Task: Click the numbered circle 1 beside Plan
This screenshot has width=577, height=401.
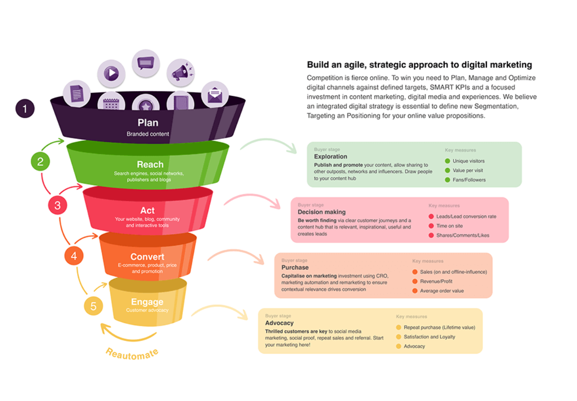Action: (25, 109)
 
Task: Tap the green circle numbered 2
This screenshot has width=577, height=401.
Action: (40, 161)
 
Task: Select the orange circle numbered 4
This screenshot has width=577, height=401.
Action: (74, 256)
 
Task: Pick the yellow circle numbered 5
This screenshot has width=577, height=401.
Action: (93, 306)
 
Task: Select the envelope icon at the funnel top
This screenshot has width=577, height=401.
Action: (214, 95)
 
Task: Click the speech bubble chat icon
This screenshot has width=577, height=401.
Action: (146, 63)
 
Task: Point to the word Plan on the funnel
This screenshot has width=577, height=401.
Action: (148, 123)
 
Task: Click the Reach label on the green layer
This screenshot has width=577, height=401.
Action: (150, 165)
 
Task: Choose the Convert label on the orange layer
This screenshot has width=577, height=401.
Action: (147, 257)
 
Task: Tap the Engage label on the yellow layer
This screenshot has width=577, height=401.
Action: (147, 302)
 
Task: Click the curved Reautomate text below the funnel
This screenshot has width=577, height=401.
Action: (132, 353)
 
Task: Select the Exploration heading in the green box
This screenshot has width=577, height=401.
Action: (330, 157)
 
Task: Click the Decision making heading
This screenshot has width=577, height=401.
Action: (321, 212)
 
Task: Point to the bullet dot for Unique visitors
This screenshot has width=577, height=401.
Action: (447, 161)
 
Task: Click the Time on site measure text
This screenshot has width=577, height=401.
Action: (449, 226)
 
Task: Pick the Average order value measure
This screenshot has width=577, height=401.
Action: (441, 291)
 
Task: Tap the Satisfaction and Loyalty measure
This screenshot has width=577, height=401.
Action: (429, 337)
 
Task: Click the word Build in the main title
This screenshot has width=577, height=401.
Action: (318, 65)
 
